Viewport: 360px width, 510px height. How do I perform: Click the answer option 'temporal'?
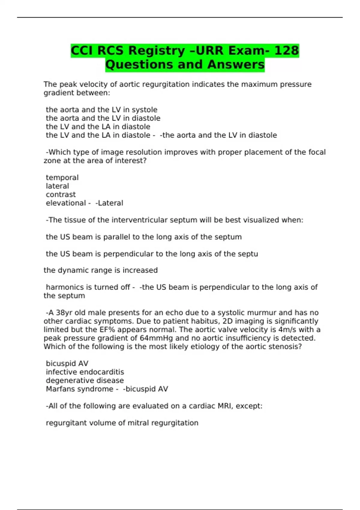(x=62, y=178)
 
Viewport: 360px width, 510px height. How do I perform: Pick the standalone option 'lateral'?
(x=57, y=186)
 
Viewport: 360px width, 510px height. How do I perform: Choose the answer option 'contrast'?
(x=61, y=194)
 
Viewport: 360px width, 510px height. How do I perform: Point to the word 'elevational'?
(x=66, y=203)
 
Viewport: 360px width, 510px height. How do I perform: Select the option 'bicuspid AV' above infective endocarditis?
(x=67, y=364)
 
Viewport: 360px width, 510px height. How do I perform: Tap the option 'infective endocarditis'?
(x=85, y=372)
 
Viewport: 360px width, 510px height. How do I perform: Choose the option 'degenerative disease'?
(x=85, y=380)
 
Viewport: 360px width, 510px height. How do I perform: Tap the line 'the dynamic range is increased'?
(x=100, y=270)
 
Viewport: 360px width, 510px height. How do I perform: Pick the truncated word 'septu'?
(x=248, y=254)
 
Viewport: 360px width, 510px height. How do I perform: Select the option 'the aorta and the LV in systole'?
(x=101, y=110)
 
